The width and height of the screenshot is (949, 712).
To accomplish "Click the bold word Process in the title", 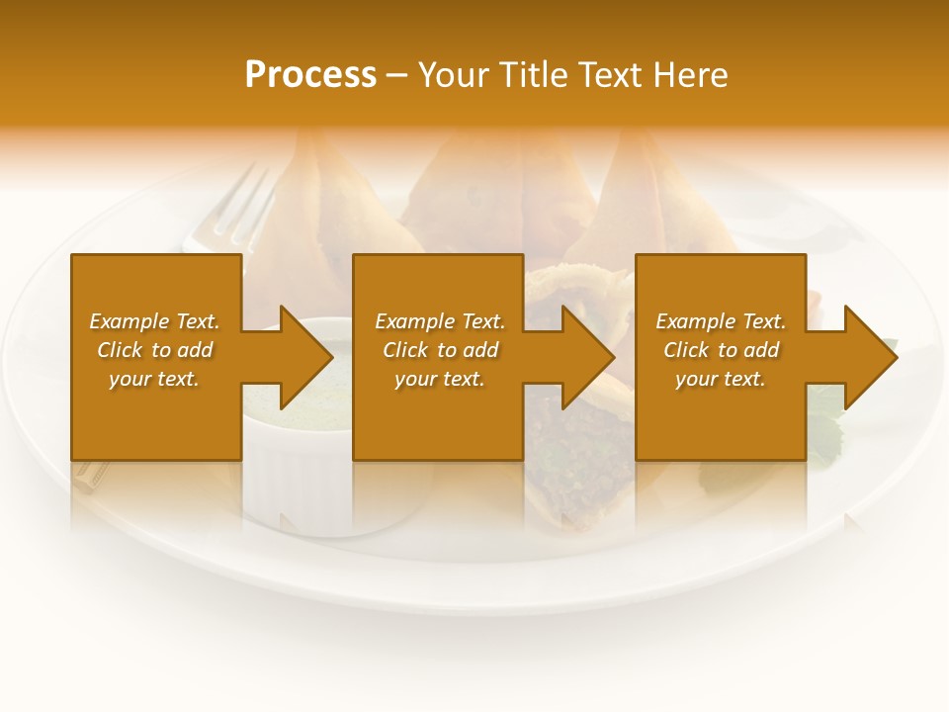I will tap(310, 75).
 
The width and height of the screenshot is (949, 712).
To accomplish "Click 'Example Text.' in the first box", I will tap(154, 321).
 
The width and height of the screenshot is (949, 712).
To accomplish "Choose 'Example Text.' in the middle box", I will tap(440, 321).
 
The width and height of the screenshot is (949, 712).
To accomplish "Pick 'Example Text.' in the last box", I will tap(721, 321).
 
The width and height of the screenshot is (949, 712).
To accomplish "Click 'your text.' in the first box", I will tap(154, 379).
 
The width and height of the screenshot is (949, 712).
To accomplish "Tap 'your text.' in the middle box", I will tap(440, 379).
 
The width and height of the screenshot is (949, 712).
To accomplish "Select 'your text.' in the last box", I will tap(721, 379).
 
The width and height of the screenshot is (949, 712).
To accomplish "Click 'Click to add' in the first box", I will tap(154, 350).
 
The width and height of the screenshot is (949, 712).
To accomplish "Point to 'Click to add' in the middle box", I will tap(440, 350).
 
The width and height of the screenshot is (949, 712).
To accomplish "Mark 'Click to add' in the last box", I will tap(721, 350).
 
